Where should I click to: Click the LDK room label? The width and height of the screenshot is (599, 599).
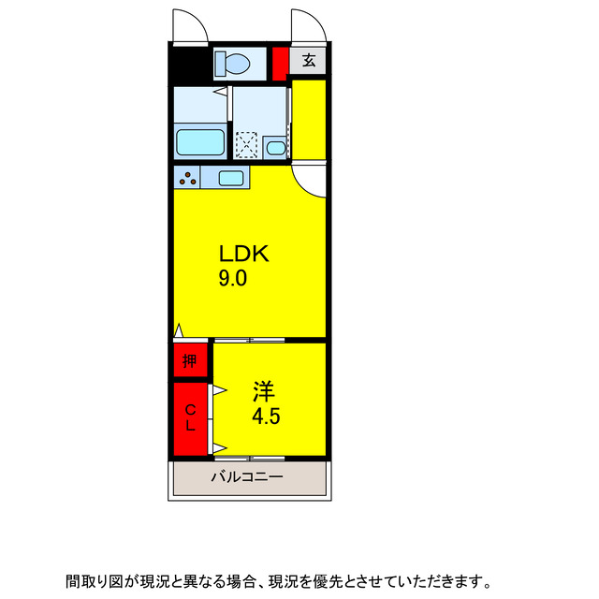pos(244,253)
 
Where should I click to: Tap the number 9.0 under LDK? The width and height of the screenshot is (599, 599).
pos(233,278)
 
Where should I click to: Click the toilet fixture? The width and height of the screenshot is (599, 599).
pos(232,64)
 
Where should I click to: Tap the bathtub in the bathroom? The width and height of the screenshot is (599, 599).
pos(200,143)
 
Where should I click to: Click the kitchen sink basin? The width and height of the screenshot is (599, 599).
pos(230,178)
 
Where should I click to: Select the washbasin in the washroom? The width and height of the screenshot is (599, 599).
pos(275,147)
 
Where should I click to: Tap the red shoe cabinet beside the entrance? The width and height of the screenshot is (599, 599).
pos(280,62)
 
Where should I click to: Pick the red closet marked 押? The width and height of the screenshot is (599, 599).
pos(190,360)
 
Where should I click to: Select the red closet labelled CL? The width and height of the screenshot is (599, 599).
pos(190,417)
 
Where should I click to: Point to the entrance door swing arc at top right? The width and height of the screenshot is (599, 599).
pos(306,25)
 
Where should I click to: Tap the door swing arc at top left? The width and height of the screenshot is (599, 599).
pos(189,25)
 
